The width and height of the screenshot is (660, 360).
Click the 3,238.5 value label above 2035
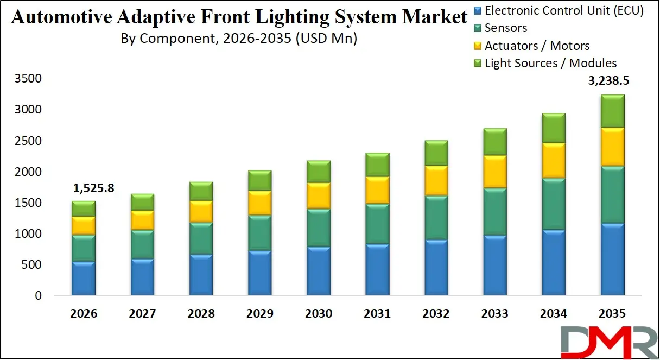coord(612,82)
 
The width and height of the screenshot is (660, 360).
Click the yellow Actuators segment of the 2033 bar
coord(495,172)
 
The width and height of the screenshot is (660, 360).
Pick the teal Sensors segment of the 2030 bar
coord(319,228)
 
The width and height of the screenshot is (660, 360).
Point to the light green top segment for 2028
coord(201,191)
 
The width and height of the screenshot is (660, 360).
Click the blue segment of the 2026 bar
coord(83,279)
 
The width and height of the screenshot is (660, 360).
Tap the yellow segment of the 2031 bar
coord(377,190)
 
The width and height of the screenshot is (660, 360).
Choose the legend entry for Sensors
coord(505,28)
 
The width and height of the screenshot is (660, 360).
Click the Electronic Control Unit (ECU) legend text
coord(564,10)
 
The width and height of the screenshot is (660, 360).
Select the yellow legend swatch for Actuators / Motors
coord(477,46)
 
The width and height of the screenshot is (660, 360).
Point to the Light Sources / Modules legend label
coord(550,64)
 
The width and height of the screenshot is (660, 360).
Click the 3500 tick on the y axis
coord(27,79)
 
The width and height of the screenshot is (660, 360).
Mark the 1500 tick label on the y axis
coord(27,203)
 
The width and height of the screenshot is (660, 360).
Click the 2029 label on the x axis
coord(259,314)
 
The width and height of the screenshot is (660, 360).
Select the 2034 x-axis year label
coord(554,314)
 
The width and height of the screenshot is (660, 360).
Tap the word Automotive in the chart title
coord(59,18)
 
